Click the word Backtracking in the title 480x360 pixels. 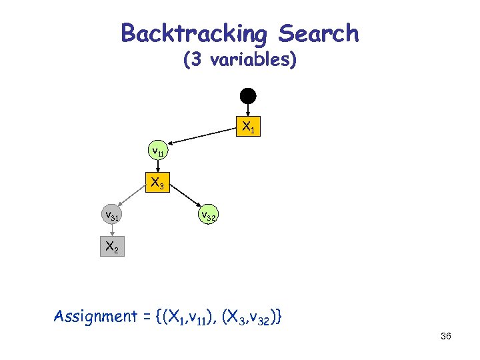click(x=194, y=33)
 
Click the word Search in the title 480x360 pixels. click(x=319, y=33)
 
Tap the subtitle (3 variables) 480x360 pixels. click(x=239, y=60)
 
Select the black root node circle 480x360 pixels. click(x=248, y=95)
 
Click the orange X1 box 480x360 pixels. click(x=248, y=126)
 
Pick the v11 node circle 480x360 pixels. click(x=158, y=151)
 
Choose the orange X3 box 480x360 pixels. click(x=158, y=182)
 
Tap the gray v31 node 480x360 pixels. click(x=111, y=215)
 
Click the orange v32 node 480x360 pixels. click(x=207, y=215)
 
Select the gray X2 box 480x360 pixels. click(x=111, y=247)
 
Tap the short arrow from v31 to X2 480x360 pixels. click(x=112, y=231)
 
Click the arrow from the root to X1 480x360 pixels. click(x=248, y=109)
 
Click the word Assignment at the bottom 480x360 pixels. click(x=95, y=315)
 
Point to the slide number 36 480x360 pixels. click(x=446, y=337)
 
